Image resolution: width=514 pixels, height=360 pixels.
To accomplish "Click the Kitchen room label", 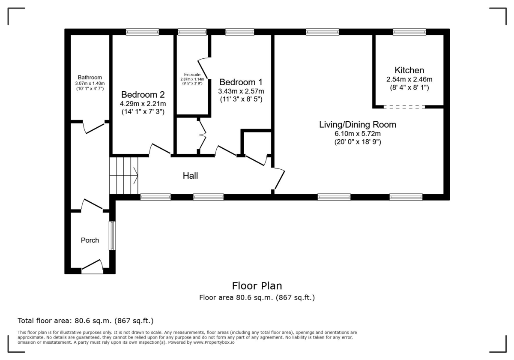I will (x=409, y=70).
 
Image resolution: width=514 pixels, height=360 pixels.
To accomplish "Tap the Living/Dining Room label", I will (x=357, y=125).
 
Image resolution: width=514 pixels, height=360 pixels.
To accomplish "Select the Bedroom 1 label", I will (x=240, y=82).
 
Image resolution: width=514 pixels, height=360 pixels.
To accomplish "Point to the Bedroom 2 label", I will (x=143, y=94).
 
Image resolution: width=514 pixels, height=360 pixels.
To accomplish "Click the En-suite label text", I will (x=192, y=75).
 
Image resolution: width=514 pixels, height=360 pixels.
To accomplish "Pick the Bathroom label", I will (x=90, y=78).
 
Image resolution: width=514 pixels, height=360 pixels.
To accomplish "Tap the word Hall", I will (x=190, y=175).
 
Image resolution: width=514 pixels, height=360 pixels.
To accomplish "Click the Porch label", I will (x=90, y=240).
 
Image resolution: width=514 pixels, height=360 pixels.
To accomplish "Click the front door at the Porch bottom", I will (x=93, y=267).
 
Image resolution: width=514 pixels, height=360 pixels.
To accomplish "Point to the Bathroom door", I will (x=94, y=127).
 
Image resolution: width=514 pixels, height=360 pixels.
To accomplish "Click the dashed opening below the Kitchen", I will (x=404, y=107).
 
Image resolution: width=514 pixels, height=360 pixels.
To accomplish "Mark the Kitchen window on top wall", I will (x=409, y=32).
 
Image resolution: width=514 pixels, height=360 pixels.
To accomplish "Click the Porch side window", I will (x=112, y=236).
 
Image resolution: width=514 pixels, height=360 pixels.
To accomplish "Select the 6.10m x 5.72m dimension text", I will (x=357, y=133).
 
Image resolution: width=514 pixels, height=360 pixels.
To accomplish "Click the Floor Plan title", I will (x=257, y=286).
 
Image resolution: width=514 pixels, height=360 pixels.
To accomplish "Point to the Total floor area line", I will (x=85, y=321).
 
